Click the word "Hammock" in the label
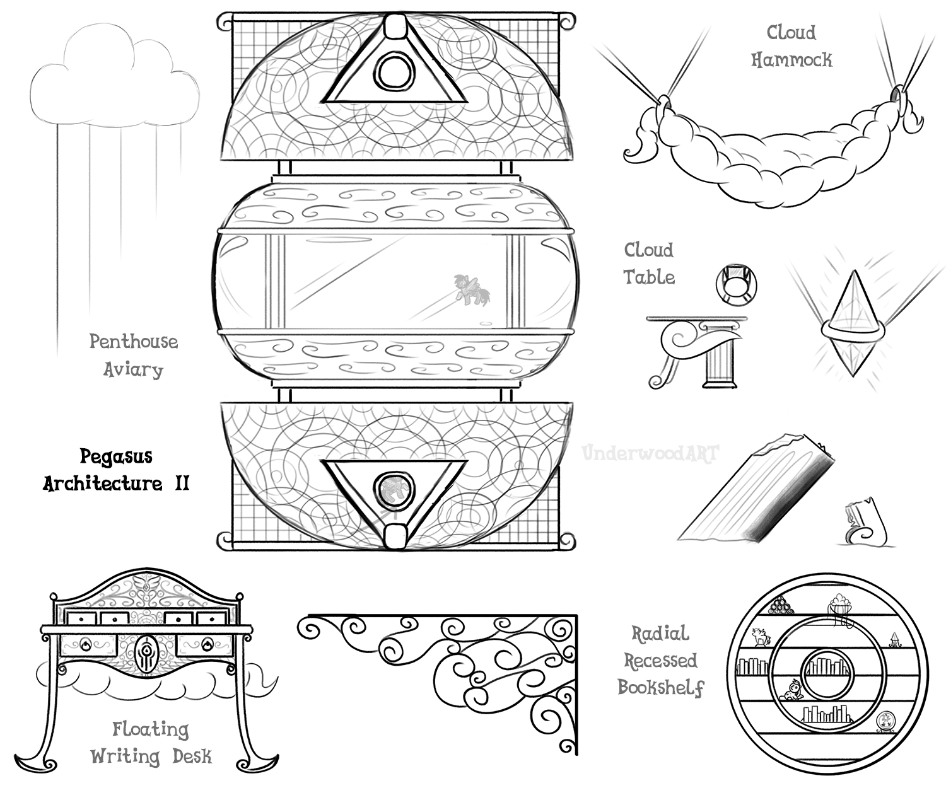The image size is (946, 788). click(x=791, y=60)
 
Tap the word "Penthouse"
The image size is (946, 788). click(x=133, y=342)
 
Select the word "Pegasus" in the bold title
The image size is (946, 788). click(x=116, y=456)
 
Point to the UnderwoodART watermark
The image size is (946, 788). click(x=650, y=453)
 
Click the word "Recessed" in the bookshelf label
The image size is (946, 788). click(x=660, y=661)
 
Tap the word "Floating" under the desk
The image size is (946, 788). click(x=150, y=729)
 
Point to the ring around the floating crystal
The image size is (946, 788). click(x=852, y=328)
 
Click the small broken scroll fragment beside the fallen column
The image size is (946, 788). click(x=865, y=524)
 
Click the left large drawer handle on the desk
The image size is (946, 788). click(x=86, y=644)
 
